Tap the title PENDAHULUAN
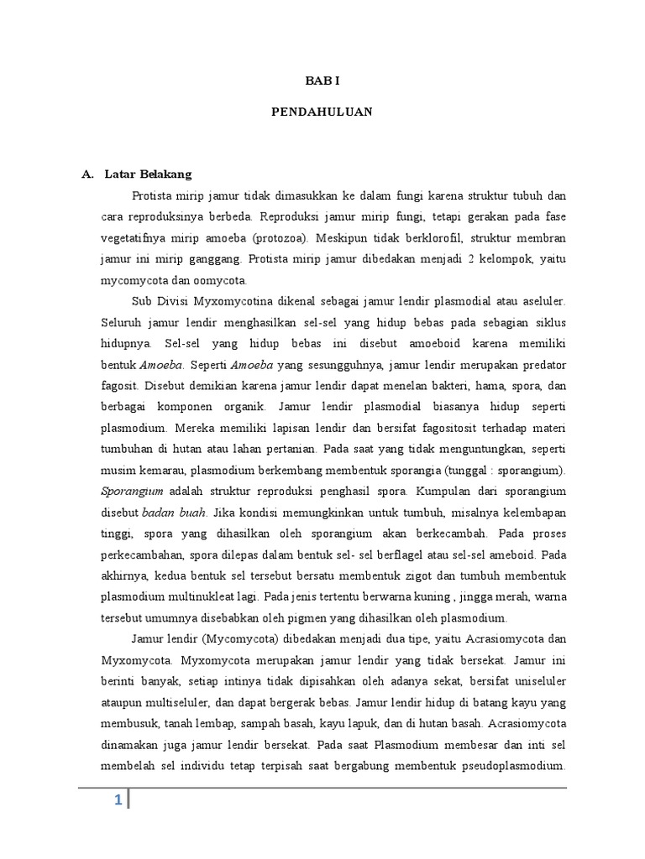tap(322, 110)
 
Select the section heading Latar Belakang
tap(148, 174)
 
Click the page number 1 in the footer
tap(118, 800)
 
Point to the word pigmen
tap(325, 618)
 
